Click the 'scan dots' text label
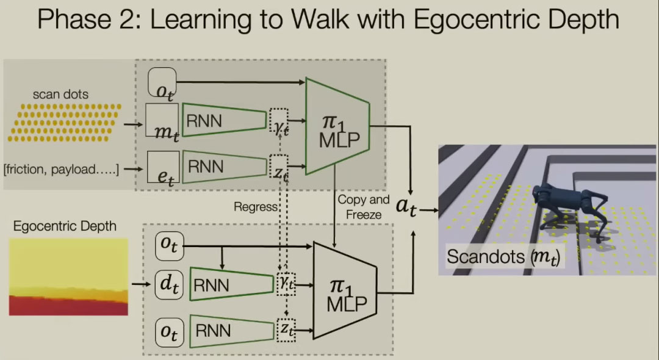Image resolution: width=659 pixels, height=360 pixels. (x=60, y=94)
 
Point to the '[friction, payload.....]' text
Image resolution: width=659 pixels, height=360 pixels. (x=68, y=169)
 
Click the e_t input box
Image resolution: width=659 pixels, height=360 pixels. (x=162, y=167)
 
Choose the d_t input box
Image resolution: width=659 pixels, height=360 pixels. (x=166, y=284)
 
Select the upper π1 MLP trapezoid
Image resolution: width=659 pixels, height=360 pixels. (x=338, y=126)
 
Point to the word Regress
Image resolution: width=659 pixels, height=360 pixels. (x=256, y=207)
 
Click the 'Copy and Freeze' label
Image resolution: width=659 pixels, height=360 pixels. (x=363, y=207)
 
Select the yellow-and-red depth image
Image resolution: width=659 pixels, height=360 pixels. (x=68, y=277)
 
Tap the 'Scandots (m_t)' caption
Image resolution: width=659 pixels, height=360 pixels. (x=504, y=257)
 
